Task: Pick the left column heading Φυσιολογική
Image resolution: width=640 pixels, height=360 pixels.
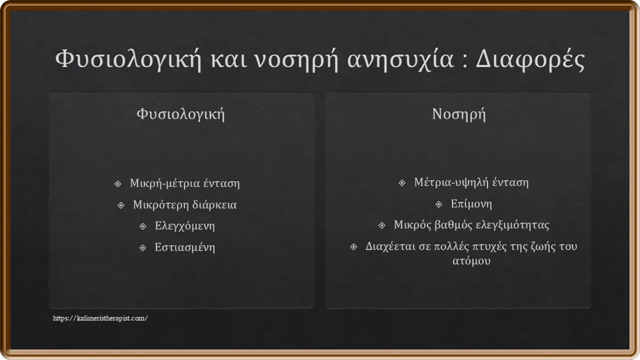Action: coord(181,114)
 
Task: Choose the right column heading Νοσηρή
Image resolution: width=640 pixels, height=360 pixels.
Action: coord(459,114)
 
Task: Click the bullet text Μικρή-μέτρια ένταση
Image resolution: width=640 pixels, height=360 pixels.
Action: coord(185,183)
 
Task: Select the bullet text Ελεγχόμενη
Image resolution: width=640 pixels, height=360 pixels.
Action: coord(185,226)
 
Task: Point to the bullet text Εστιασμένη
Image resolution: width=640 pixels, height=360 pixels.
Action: coord(185,247)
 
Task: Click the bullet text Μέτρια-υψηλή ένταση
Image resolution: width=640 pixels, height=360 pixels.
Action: coord(471,182)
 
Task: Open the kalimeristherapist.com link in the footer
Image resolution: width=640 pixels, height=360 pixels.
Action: coord(100,318)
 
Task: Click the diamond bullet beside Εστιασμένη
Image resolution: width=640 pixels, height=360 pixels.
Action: coord(142,247)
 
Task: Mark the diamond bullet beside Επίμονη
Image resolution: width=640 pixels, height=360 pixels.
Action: coord(439,204)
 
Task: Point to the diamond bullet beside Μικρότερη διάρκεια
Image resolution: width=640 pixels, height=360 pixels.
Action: coord(121,205)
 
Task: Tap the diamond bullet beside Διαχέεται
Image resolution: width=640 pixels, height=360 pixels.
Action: coord(354,246)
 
